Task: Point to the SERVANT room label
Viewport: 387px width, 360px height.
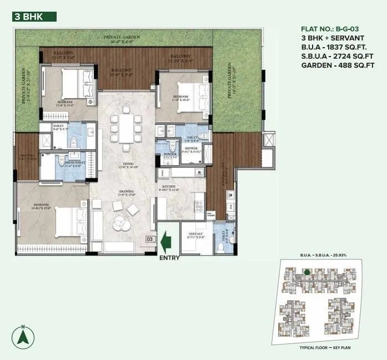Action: [197, 235]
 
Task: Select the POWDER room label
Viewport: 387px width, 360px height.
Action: [163, 155]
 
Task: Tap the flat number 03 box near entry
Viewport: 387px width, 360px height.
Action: [149, 239]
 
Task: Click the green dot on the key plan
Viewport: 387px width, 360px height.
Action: [306, 272]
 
